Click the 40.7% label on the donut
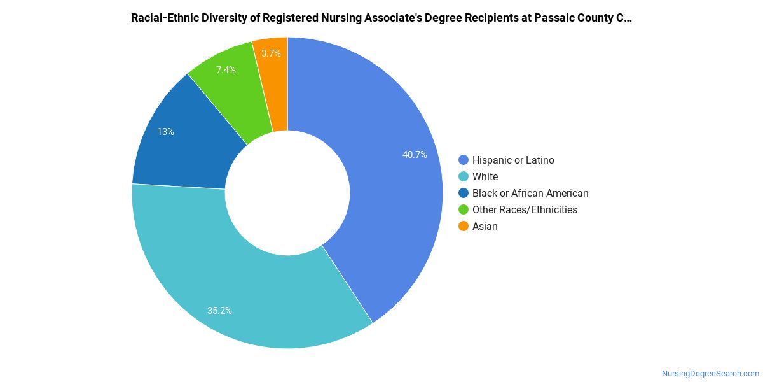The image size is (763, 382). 415,155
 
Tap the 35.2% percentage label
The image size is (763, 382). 219,311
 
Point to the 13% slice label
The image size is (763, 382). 165,132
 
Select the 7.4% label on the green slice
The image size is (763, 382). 226,70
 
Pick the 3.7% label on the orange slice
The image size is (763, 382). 271,53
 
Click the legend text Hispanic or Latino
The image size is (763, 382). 513,160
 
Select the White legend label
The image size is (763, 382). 485,177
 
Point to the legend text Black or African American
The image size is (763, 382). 530,194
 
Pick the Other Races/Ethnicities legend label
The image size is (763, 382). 525,209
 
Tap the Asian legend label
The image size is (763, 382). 485,227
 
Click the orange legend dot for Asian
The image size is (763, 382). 464,226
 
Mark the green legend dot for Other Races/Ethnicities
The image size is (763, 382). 464,209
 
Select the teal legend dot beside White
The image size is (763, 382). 464,176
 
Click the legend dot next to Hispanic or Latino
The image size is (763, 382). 464,160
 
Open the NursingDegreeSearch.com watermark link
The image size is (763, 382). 711,374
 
